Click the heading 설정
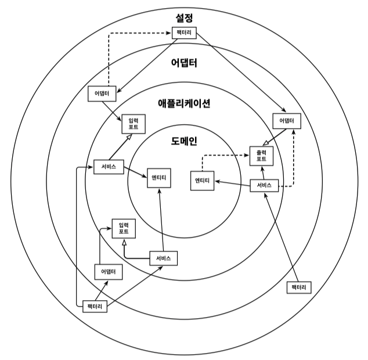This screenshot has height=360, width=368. click(x=184, y=19)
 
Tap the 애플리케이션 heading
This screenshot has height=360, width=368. click(x=184, y=104)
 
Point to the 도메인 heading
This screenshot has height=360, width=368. click(x=184, y=141)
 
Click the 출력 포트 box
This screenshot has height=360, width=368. click(x=261, y=155)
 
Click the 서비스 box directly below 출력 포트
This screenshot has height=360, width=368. click(x=264, y=186)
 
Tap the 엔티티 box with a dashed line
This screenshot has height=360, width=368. click(x=203, y=181)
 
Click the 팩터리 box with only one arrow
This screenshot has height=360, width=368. click(x=300, y=287)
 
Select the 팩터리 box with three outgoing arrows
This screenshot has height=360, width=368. click(x=94, y=305)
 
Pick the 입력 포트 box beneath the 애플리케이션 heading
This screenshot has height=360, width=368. click(x=133, y=123)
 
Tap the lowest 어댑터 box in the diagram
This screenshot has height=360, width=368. click(x=109, y=271)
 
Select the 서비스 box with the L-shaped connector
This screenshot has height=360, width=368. click(x=163, y=258)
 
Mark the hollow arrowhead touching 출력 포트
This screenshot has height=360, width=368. click(x=265, y=143)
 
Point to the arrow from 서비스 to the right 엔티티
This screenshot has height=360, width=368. click(x=232, y=183)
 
